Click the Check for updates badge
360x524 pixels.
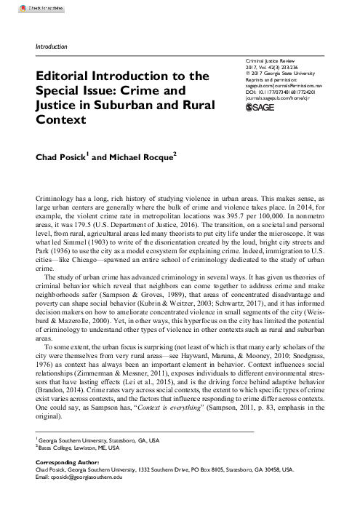(x=20, y=6)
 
